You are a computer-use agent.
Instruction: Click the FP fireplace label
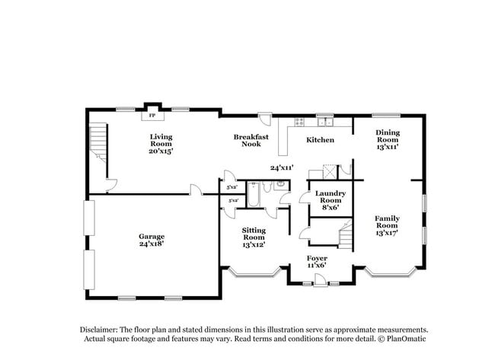tap(152, 116)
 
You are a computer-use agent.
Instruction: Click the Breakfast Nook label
tap(251, 140)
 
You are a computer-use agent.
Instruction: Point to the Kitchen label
tap(320, 140)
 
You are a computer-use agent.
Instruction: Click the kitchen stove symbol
tap(300, 121)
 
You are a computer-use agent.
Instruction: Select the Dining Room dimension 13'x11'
tap(387, 147)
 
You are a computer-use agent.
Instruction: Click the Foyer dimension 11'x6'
tap(317, 266)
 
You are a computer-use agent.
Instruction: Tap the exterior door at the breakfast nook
tap(264, 119)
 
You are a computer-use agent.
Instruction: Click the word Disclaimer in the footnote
tap(101, 330)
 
